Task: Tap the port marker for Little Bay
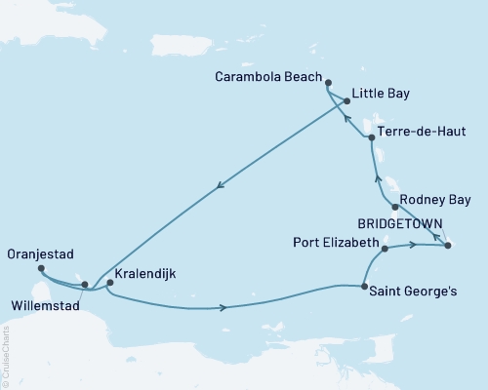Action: point(346,100)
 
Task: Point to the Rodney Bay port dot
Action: point(393,206)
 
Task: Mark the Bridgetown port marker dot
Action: point(447,246)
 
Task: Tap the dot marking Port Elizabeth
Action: point(385,250)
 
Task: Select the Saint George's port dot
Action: point(364,287)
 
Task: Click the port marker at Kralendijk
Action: point(109,284)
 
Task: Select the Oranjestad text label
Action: point(35,259)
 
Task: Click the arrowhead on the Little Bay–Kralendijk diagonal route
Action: point(218,187)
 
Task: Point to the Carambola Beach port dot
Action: point(328,84)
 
